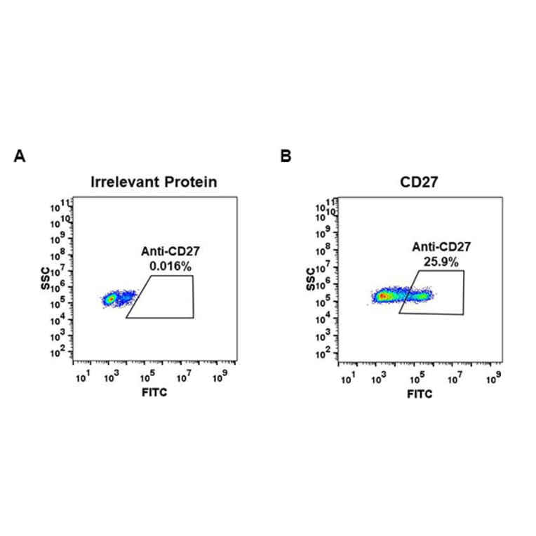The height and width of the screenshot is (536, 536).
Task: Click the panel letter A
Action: point(20,156)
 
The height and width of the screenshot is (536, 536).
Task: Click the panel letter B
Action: point(286,156)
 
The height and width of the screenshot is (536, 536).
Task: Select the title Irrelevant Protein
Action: point(154,182)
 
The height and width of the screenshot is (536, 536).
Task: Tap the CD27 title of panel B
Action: point(419,182)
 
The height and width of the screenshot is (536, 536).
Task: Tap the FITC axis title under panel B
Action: point(420,394)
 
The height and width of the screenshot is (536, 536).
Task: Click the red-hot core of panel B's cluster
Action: point(383,296)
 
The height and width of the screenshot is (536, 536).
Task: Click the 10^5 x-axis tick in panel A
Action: point(149,378)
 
